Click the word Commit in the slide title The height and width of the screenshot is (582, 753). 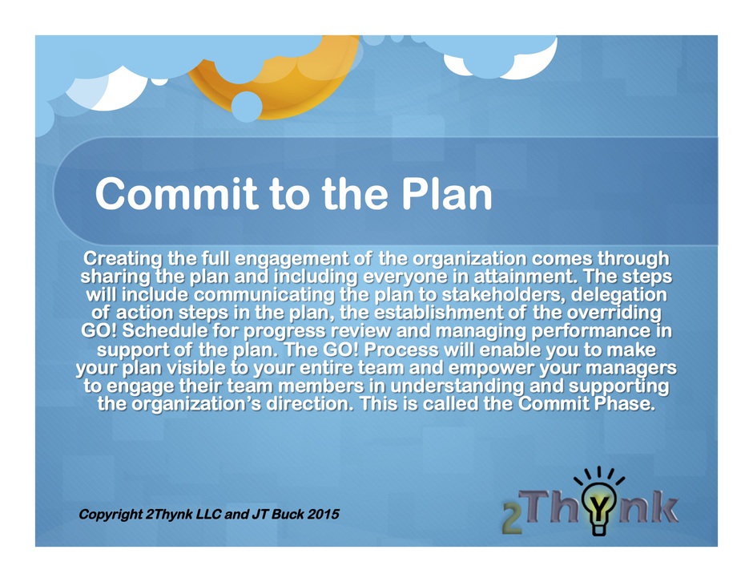pos(177,194)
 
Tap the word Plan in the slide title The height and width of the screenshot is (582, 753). pos(447,194)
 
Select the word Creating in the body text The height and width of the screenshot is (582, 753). pos(122,259)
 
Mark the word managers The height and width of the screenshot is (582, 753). pos(631,369)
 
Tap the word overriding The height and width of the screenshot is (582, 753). pos(614,313)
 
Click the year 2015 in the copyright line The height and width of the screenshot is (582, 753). pos(323,514)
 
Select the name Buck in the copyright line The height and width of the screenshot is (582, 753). pos(287,514)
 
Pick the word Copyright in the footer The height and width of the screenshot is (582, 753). pos(111,515)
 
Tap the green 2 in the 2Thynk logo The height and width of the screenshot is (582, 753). pos(513,519)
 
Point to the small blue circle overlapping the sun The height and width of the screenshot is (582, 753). pos(247,107)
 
